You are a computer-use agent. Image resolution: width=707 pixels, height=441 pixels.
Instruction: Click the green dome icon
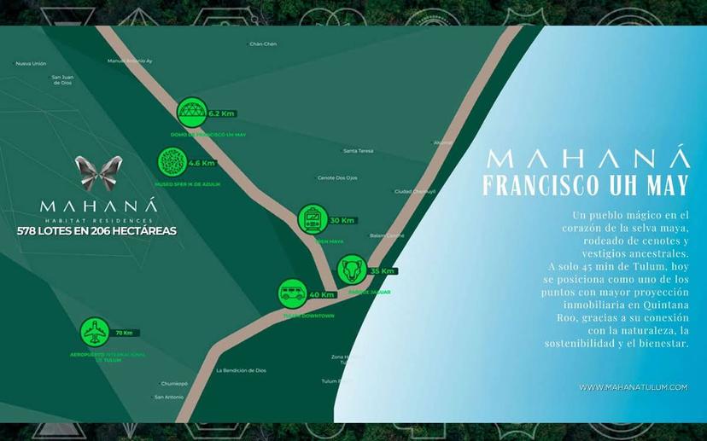191,113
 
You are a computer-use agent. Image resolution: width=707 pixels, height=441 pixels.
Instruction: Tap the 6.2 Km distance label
221,113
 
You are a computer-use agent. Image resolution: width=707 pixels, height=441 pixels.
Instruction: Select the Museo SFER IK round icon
172,162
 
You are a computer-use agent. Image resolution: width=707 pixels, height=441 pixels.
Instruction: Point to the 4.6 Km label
202,163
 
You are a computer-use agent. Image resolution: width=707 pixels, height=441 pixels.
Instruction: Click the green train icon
313,220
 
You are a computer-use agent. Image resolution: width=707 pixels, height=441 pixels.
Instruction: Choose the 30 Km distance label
342,220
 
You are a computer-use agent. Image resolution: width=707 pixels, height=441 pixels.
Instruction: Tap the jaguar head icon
352,270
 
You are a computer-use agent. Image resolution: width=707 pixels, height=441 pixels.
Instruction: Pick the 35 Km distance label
382,270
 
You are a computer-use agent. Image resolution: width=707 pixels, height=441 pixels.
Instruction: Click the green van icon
293,294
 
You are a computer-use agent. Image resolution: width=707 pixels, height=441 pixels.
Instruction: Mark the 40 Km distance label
322,294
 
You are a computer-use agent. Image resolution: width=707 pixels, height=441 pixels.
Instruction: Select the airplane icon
94,332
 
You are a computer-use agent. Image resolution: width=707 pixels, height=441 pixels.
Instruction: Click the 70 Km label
123,333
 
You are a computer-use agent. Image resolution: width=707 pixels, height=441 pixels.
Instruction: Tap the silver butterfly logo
96,173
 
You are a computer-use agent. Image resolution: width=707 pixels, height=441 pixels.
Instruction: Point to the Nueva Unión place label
31,63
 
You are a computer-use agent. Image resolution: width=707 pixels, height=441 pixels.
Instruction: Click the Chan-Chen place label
263,44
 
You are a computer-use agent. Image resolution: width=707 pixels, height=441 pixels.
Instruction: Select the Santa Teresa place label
358,151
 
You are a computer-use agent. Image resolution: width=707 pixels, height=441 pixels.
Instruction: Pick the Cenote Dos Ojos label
337,177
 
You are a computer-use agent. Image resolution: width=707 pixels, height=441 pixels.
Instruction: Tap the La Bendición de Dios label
241,370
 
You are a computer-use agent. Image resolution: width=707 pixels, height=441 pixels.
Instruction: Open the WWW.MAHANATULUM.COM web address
633,386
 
